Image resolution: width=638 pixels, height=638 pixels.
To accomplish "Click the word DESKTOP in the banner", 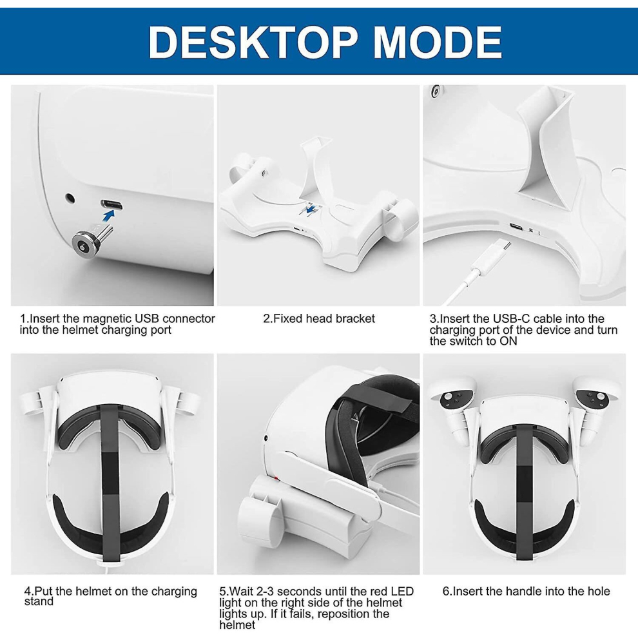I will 254,42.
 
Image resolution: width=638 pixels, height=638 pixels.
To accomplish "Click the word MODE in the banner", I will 438,42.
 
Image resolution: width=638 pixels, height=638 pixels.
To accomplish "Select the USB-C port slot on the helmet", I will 111,206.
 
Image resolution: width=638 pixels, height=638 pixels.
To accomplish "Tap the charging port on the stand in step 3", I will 517,227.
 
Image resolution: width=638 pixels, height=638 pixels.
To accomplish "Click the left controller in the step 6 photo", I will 456,402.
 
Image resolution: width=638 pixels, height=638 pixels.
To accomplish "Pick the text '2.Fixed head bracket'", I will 319,318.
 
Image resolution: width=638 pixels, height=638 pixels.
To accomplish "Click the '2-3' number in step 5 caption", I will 266,592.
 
